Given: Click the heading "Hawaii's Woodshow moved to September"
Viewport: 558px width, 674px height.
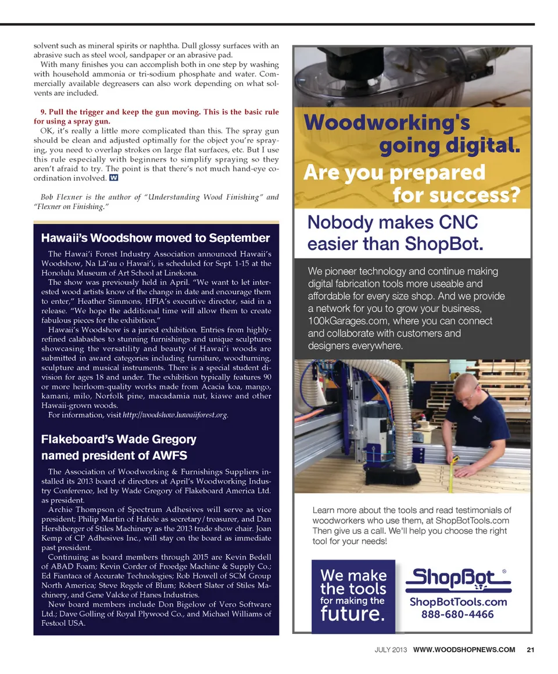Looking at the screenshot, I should (x=155, y=238).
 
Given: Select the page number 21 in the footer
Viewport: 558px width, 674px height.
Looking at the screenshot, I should (x=530, y=650).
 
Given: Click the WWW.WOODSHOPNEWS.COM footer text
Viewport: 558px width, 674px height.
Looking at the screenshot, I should (x=464, y=650).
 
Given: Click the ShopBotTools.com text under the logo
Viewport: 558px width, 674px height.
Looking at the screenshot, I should (x=459, y=602).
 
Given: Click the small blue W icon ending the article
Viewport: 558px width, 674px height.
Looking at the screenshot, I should (x=114, y=177).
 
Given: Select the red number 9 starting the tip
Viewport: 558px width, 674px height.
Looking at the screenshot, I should (x=42, y=112).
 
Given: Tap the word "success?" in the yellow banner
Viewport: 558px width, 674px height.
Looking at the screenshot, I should (x=457, y=195).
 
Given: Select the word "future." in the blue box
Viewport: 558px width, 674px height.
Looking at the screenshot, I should (x=352, y=614).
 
